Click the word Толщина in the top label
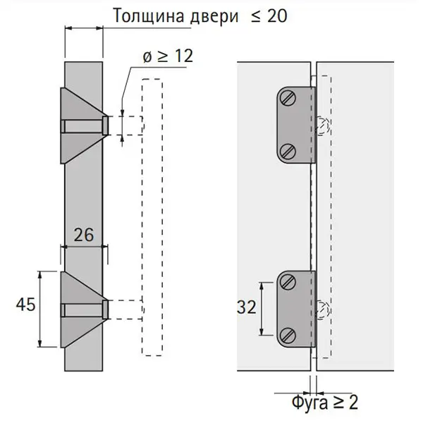point(149,16)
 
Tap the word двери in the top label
point(214,17)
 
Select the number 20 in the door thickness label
point(277,16)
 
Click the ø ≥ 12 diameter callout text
point(168,56)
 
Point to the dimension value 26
point(84,235)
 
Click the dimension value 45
point(25,305)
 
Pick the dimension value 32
point(247,307)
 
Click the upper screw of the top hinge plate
point(288,98)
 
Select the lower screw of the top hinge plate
point(288,152)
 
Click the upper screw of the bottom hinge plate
point(288,282)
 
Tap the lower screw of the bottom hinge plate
point(288,336)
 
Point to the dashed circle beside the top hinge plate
point(323,125)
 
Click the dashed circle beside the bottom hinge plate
point(323,310)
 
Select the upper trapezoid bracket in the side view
point(84,125)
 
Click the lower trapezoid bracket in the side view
point(84,309)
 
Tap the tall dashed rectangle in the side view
point(152,217)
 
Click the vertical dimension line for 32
point(262,309)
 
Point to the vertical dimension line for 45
point(40,309)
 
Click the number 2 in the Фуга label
point(353,402)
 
